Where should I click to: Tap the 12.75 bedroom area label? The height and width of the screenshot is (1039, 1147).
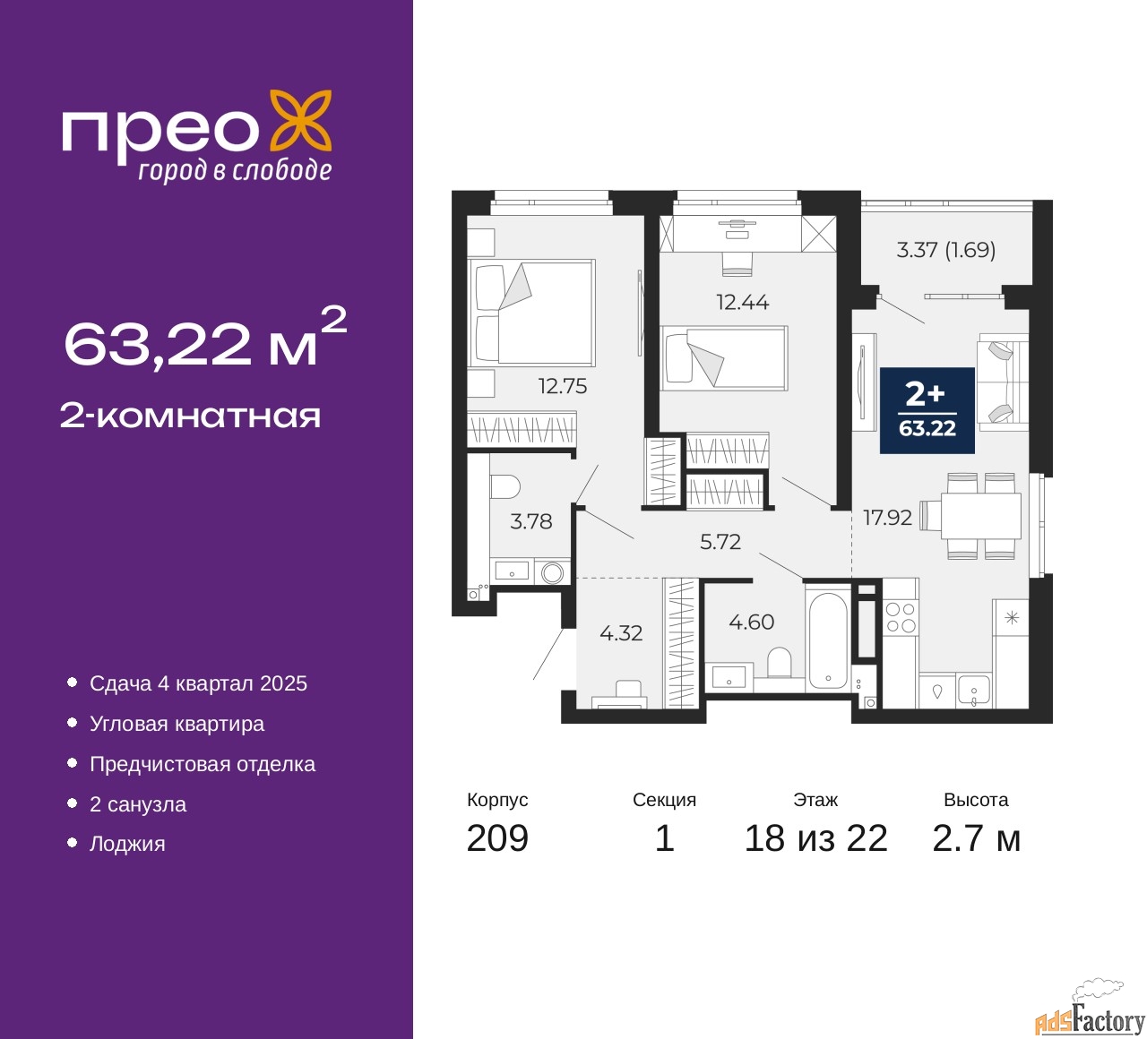coord(563,386)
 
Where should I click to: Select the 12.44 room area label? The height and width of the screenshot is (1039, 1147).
coord(742,302)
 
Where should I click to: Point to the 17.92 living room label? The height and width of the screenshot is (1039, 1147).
coord(887,517)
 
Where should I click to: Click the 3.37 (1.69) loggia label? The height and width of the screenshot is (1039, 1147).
coord(945,250)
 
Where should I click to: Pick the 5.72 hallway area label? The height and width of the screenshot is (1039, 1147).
coord(720,541)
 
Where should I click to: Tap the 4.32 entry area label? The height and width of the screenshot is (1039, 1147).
coord(621,632)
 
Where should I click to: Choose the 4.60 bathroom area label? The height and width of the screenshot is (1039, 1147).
coord(751,622)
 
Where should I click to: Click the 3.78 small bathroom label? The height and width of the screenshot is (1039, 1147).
coord(530,521)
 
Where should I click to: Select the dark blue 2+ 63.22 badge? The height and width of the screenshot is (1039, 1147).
coord(927,410)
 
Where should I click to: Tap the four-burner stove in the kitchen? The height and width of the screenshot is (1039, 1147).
coord(901,616)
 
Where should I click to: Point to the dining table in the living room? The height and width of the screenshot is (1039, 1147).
coord(980,516)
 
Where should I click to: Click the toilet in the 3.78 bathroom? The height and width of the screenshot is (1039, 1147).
coord(505,486)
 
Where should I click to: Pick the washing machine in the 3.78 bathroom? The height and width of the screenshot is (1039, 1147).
coord(552,572)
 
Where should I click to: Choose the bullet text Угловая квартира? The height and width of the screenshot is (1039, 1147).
coord(177,724)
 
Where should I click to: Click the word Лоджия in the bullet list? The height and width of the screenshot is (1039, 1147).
coord(127,844)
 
